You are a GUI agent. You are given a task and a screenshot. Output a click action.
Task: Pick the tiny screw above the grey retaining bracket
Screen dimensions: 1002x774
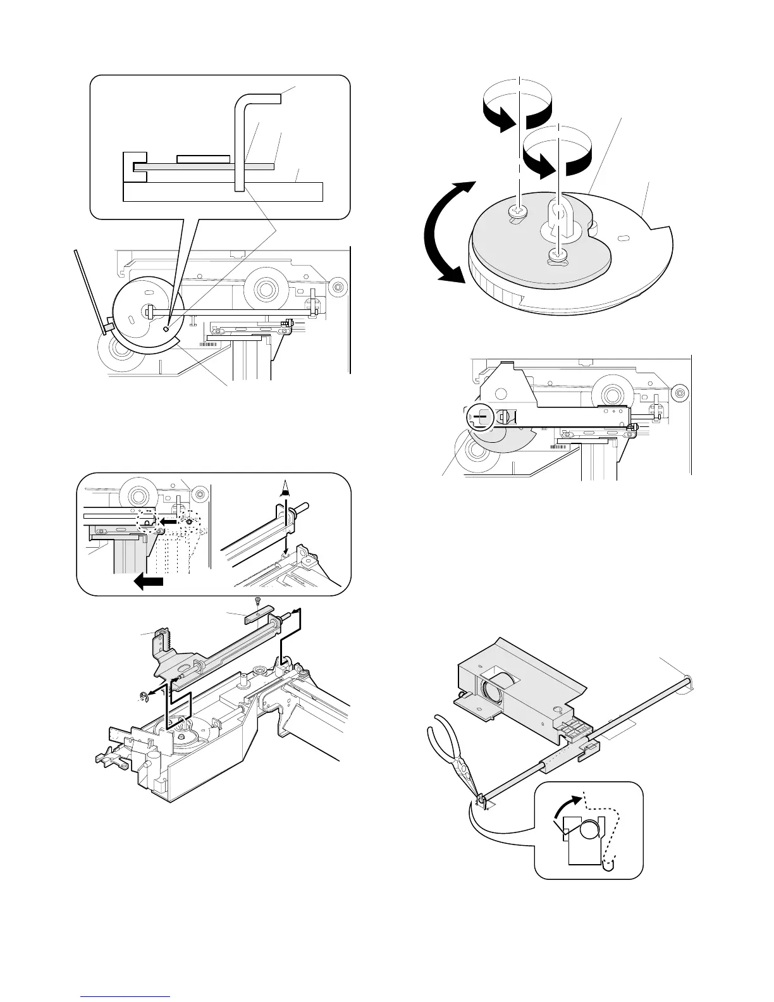(x=257, y=600)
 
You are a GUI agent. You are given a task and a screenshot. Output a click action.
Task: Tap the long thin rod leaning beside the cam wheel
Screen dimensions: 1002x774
(x=89, y=290)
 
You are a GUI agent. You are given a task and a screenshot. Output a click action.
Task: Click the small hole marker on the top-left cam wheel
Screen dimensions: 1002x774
(x=166, y=328)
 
